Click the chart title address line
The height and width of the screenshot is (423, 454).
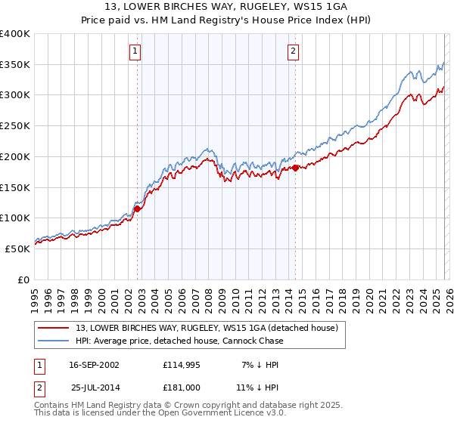pos(226,6)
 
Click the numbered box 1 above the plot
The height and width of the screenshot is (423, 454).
pos(135,51)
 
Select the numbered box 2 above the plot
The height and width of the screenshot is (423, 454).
pos(293,51)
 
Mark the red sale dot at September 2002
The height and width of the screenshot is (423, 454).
pos(138,209)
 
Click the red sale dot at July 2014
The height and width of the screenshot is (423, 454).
pos(295,168)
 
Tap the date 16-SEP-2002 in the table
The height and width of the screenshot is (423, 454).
pos(94,365)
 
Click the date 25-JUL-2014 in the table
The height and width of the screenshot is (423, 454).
pos(95,387)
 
